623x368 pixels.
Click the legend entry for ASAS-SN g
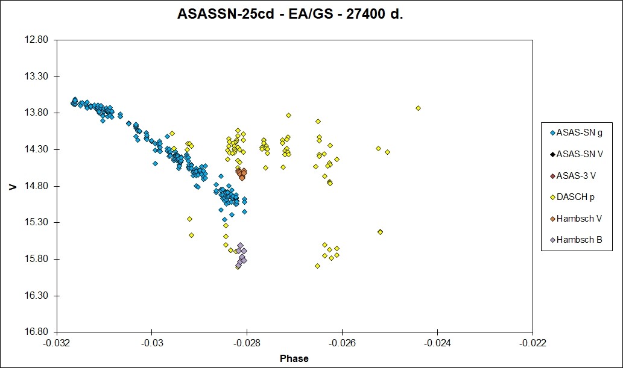pyautogui.click(x=576, y=133)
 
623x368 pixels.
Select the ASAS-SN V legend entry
pyautogui.click(x=577, y=154)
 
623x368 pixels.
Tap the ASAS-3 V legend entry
pyautogui.click(x=573, y=175)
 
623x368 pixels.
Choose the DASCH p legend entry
pyautogui.click(x=572, y=197)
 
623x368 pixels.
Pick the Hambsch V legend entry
pyautogui.click(x=576, y=219)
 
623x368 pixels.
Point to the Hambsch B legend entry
pyautogui.click(x=576, y=240)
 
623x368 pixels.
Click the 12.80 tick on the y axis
pyautogui.click(x=37, y=40)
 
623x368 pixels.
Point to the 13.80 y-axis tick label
pyautogui.click(x=37, y=113)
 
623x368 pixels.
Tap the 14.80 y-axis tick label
pyautogui.click(x=37, y=186)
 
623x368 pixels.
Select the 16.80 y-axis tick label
pyautogui.click(x=37, y=332)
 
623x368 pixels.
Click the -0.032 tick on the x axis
pyautogui.click(x=57, y=343)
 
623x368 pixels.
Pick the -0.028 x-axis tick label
pyautogui.click(x=247, y=343)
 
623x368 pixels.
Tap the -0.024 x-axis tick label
pyautogui.click(x=437, y=343)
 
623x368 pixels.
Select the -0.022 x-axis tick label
pyautogui.click(x=533, y=343)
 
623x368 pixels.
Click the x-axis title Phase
pyautogui.click(x=294, y=358)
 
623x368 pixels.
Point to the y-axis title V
pyautogui.click(x=13, y=186)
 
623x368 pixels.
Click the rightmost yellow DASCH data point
pyautogui.click(x=418, y=108)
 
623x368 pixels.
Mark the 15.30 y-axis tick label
pyautogui.click(x=37, y=222)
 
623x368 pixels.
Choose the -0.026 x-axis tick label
pyautogui.click(x=342, y=343)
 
